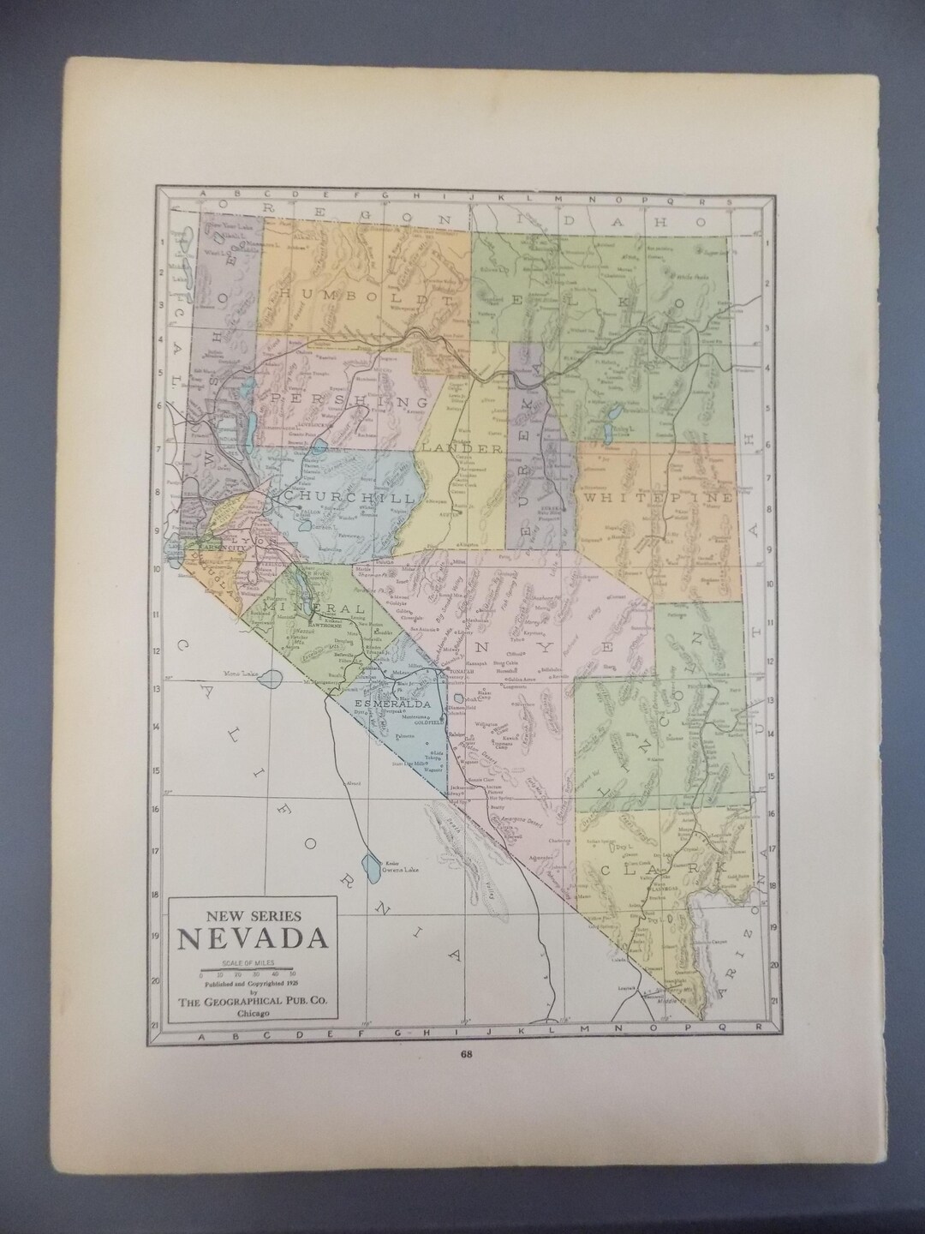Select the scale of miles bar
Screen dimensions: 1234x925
[x=248, y=968]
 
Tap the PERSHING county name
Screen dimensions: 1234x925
[x=349, y=399]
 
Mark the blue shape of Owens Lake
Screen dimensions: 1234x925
[x=373, y=866]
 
